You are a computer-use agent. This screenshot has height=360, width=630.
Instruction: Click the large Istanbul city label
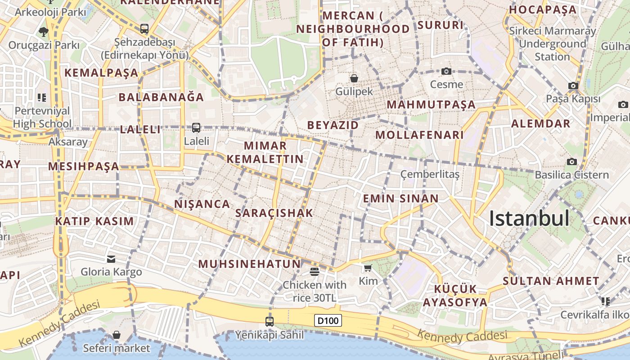pyautogui.click(x=529, y=218)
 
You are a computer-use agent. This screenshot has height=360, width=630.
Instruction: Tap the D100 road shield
pyautogui.click(x=328, y=320)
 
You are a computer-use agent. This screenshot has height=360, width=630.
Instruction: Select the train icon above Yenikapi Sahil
pyautogui.click(x=269, y=322)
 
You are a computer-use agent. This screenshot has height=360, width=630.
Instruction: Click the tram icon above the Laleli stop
pyautogui.click(x=196, y=128)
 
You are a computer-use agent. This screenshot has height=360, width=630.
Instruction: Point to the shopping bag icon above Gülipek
pyautogui.click(x=354, y=78)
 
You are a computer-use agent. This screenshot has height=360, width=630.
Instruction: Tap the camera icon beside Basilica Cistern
pyautogui.click(x=571, y=162)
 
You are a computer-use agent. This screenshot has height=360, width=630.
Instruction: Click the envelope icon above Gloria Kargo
pyautogui.click(x=111, y=259)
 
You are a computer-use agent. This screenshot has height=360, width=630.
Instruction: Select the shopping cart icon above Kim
pyautogui.click(x=368, y=268)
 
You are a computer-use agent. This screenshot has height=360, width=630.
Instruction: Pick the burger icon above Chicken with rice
pyautogui.click(x=314, y=271)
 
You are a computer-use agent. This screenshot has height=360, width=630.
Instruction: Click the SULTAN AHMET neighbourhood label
pyautogui.click(x=551, y=281)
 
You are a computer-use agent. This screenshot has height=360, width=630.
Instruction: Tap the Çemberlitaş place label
pyautogui.click(x=430, y=174)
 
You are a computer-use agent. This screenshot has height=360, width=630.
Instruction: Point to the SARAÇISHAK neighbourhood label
pyautogui.click(x=274, y=213)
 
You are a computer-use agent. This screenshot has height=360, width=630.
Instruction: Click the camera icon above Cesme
pyautogui.click(x=446, y=71)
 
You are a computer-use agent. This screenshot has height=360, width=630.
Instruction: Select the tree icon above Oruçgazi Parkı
pyautogui.click(x=44, y=32)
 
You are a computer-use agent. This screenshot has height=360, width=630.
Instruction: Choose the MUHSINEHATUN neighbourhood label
pyautogui.click(x=249, y=264)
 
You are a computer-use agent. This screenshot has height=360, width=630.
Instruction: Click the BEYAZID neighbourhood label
pyautogui.click(x=333, y=125)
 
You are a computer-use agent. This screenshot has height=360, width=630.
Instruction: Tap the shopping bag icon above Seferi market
pyautogui.click(x=117, y=335)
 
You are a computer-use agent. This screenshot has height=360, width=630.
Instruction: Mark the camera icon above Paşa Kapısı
pyautogui.click(x=573, y=85)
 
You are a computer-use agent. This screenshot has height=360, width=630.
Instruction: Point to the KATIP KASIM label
pyautogui.click(x=94, y=221)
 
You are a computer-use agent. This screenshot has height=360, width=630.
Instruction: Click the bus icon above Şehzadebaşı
pyautogui.click(x=144, y=29)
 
